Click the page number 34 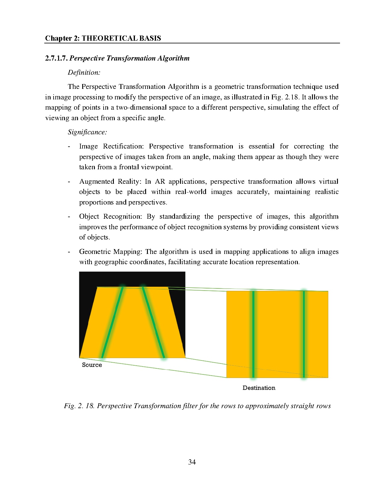[192, 462]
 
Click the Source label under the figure [92, 365]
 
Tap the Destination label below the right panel [259, 388]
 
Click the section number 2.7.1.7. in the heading [57, 58]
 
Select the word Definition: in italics [84, 72]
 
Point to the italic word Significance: [87, 132]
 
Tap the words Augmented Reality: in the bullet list [110, 182]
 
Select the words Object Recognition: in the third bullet [111, 217]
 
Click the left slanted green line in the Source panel [113, 322]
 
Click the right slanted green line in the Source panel [153, 322]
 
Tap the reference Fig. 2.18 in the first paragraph [288, 97]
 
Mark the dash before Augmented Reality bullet [69, 182]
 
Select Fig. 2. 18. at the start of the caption [79, 406]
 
